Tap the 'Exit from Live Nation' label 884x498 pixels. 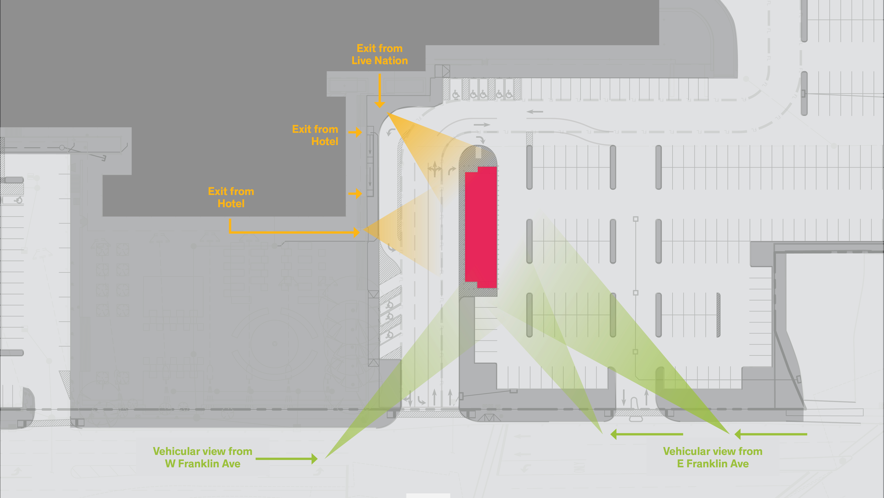pos(380,54)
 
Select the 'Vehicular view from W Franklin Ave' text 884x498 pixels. pos(203,457)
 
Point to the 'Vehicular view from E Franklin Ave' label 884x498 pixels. pos(713,457)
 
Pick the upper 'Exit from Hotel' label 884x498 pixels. pos(315,135)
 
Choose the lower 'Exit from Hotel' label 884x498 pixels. pos(231,197)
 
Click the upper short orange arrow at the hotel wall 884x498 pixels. pos(355,132)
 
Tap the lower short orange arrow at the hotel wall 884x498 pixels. pos(355,193)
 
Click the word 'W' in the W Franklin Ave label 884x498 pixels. pos(170,464)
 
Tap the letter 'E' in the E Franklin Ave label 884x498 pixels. pos(680,464)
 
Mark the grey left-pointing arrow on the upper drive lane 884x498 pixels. pos(535,112)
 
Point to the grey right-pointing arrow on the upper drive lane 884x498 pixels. pos(482,125)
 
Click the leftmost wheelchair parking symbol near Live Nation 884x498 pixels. pos(456,94)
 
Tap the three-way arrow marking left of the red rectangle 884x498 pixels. pos(435,169)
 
